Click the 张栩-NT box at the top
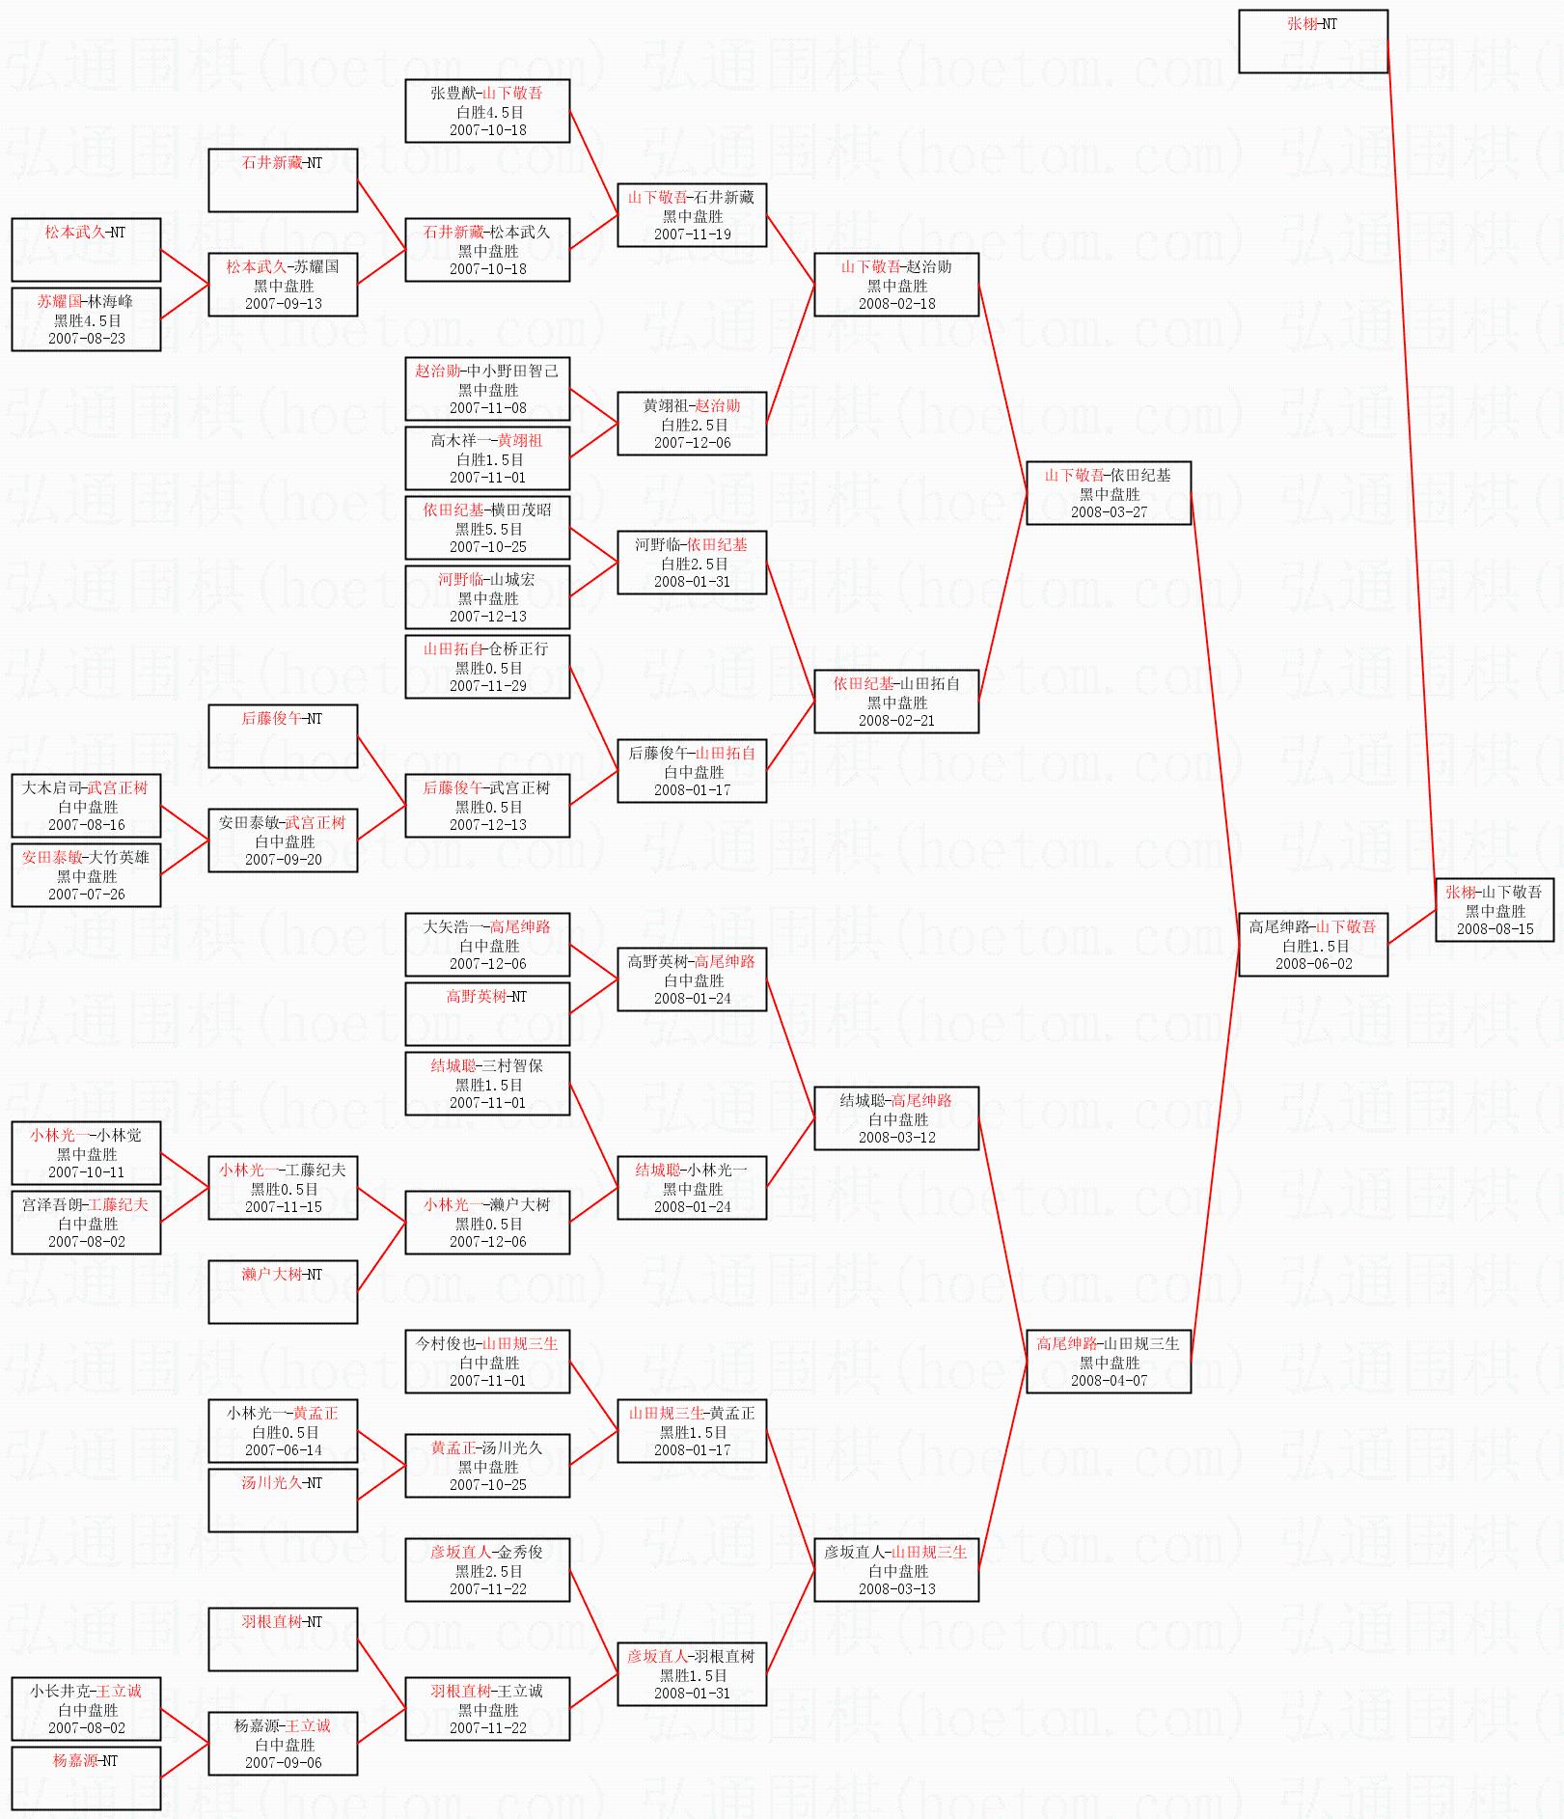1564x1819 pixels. pyautogui.click(x=1312, y=41)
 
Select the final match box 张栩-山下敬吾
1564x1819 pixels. pyautogui.click(x=1494, y=910)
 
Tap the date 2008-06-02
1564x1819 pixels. pyautogui.click(x=1313, y=963)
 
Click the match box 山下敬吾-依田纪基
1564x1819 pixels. pyautogui.click(x=1108, y=493)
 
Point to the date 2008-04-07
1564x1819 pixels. pyautogui.click(x=1109, y=1380)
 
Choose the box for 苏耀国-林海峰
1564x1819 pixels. pyautogui.click(x=86, y=319)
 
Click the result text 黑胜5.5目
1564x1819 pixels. pyautogui.click(x=488, y=529)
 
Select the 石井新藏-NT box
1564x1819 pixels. pyautogui.click(x=283, y=180)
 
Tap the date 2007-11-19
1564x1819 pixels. pyautogui.click(x=692, y=234)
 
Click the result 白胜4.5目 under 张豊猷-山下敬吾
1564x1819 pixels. pyautogui.click(x=488, y=112)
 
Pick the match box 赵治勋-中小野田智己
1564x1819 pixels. pyautogui.click(x=487, y=389)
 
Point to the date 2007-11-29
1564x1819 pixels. pyautogui.click(x=487, y=685)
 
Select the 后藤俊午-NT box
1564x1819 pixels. pyautogui.click(x=283, y=736)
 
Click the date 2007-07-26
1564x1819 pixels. pyautogui.click(x=86, y=894)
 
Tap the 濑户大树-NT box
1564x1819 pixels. pyautogui.click(x=283, y=1292)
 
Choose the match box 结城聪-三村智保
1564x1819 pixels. pyautogui.click(x=487, y=1084)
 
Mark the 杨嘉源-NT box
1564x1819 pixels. pyautogui.click(x=86, y=1778)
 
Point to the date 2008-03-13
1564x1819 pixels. pyautogui.click(x=896, y=1588)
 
